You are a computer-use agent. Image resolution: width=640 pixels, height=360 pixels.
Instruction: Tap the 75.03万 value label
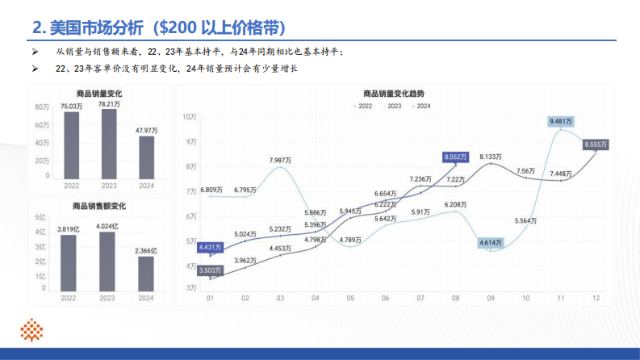(x=71, y=106)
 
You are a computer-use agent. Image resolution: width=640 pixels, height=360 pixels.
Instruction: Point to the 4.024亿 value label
(x=107, y=226)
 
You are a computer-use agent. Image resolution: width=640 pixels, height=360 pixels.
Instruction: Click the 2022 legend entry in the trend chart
(x=363, y=106)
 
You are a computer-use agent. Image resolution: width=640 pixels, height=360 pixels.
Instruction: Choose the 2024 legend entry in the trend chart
(x=421, y=106)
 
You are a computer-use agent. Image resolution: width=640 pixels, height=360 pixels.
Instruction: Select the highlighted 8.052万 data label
(x=455, y=157)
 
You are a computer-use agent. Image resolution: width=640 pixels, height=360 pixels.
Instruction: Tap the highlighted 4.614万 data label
(x=492, y=242)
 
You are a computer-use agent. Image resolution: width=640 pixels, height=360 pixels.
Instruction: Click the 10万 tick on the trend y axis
(x=190, y=117)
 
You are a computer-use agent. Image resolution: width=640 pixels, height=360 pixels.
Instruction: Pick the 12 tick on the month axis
(x=596, y=299)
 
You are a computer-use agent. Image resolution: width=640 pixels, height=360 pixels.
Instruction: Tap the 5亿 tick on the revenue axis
(x=40, y=218)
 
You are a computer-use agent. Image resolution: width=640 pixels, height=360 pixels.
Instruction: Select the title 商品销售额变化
(x=99, y=207)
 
